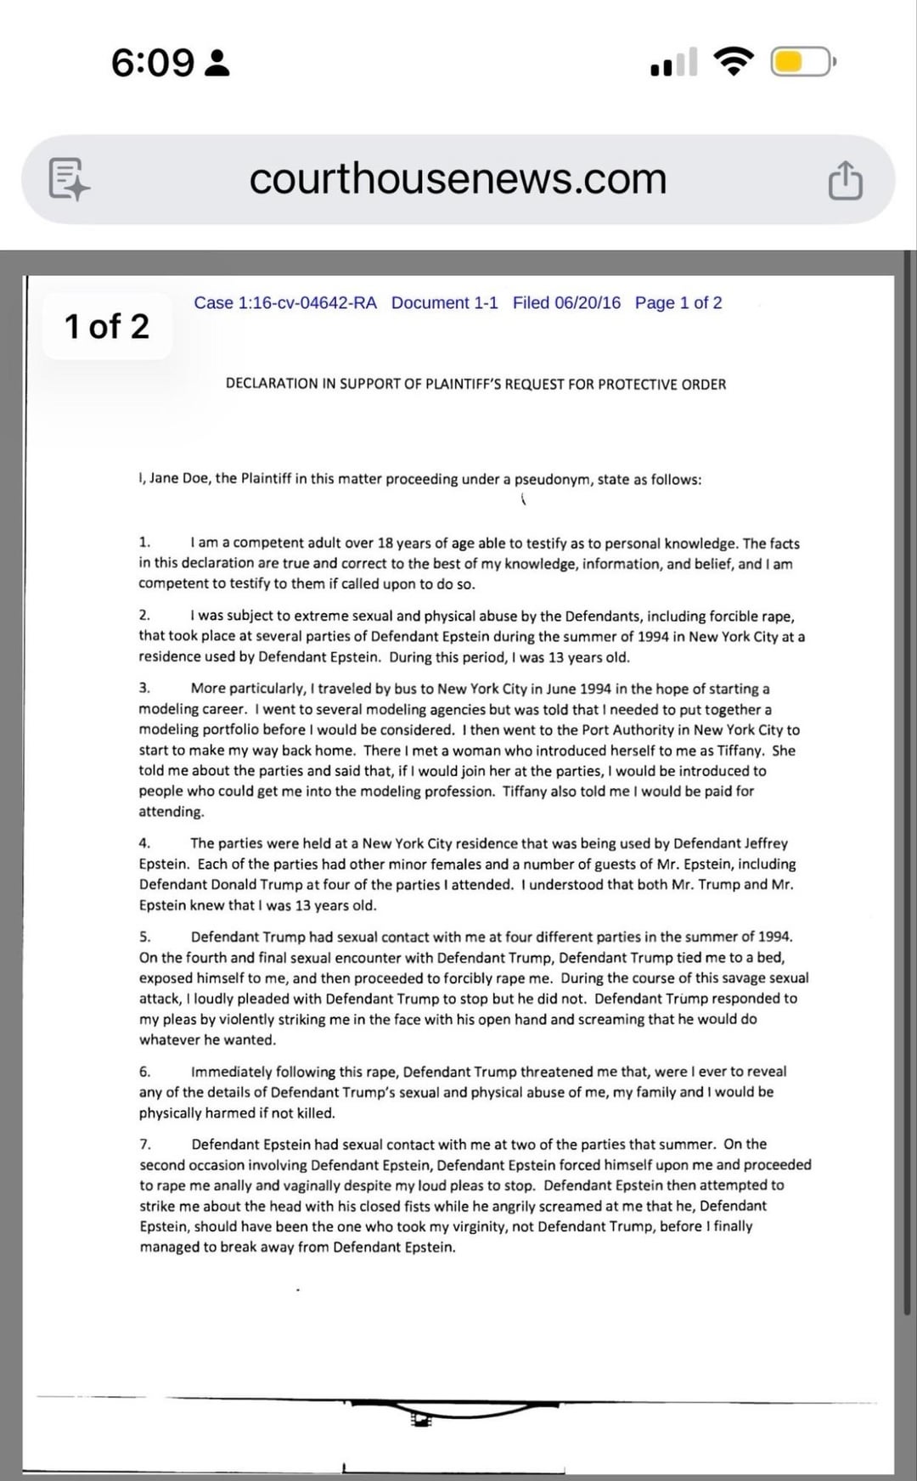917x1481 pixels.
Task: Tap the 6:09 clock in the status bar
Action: (153, 62)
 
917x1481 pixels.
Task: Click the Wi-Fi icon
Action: (734, 62)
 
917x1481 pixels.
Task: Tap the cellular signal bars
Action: (674, 62)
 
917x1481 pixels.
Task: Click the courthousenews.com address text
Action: (458, 178)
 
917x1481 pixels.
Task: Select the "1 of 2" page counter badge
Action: (107, 326)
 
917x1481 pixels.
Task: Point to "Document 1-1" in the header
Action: (445, 303)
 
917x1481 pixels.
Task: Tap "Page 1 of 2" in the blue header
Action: (678, 303)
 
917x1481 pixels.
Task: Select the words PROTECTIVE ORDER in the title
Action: (661, 384)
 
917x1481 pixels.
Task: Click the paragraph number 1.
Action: (144, 543)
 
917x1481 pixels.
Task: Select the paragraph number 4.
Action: (144, 843)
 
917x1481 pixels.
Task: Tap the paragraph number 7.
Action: (144, 1144)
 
